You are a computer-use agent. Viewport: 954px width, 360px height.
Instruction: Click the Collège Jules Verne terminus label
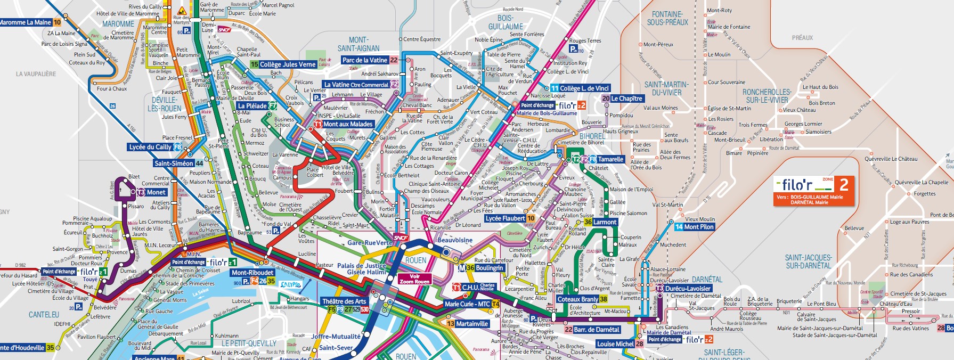point(283,64)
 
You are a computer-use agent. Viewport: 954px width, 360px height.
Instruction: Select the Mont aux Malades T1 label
point(344,124)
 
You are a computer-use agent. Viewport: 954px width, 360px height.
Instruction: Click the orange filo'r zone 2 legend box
point(813,191)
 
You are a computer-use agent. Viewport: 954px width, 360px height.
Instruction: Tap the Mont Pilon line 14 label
point(694,227)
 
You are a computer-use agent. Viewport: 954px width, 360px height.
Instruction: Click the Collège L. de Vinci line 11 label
point(580,88)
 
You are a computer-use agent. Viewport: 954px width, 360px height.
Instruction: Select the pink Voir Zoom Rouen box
point(414,279)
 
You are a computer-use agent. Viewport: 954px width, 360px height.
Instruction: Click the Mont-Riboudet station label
point(252,273)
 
